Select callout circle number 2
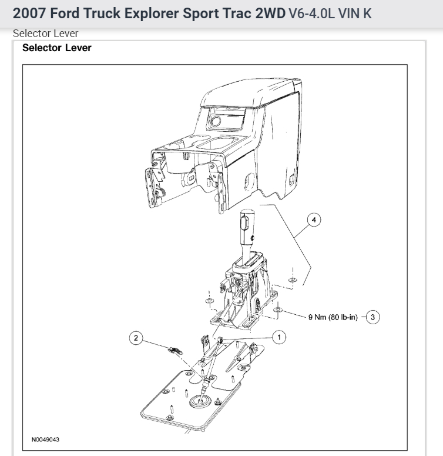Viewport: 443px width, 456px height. point(136,338)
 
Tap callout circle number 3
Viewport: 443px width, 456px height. point(375,317)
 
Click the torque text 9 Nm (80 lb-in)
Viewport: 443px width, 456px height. point(333,317)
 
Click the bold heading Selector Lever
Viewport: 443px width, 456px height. point(57,48)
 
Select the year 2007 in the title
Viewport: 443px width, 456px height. point(27,14)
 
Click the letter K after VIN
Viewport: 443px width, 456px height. point(367,14)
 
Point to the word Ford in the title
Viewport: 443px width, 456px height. point(61,14)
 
